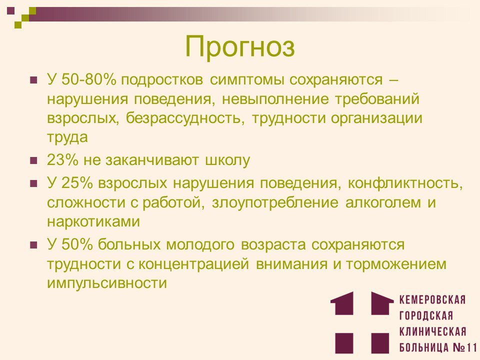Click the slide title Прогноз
click(x=240, y=47)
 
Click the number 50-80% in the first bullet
click(x=89, y=80)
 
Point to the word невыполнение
click(x=275, y=99)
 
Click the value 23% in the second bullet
click(x=62, y=160)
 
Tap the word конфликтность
click(x=404, y=183)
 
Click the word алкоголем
click(x=383, y=202)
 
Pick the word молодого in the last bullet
click(x=200, y=245)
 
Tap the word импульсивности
click(x=107, y=283)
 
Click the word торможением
click(x=396, y=264)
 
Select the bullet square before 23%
click(x=33, y=160)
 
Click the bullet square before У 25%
click(x=33, y=184)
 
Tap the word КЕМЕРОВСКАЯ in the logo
click(x=432, y=299)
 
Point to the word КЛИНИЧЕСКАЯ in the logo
click(x=433, y=331)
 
